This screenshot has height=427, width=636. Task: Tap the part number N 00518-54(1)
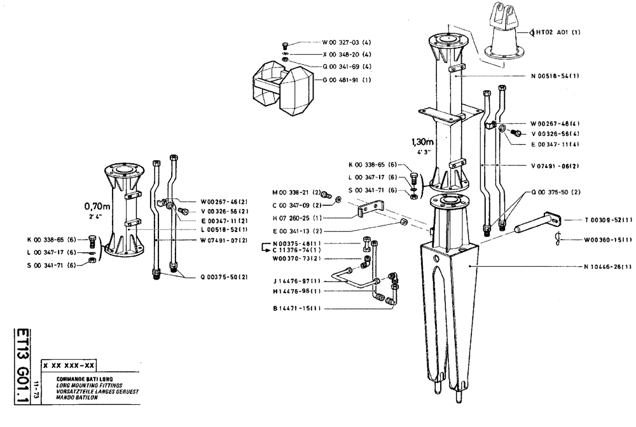555,76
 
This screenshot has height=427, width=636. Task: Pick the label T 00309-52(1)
608,220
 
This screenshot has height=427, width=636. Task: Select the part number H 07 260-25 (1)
298,217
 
